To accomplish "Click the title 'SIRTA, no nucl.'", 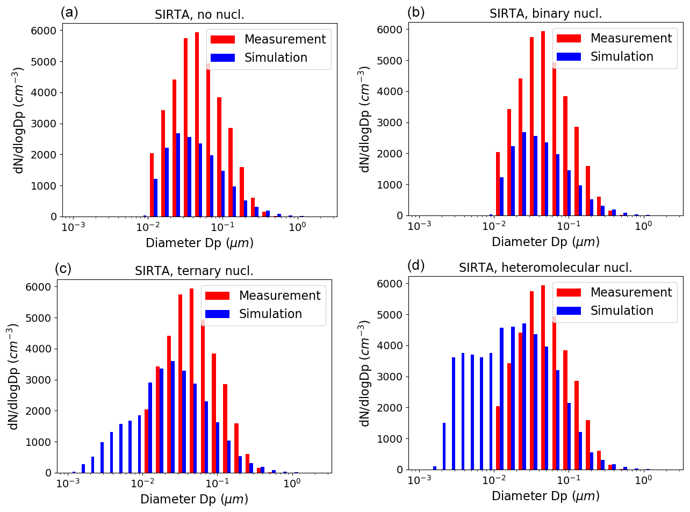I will click(199, 15).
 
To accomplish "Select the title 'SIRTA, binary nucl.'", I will click(545, 13).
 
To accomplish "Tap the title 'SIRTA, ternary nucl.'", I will click(194, 271).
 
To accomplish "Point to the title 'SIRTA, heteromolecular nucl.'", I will click(545, 268).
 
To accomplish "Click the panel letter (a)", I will click(69, 12).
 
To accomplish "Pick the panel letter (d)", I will click(416, 265).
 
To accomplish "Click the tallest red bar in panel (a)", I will click(197, 125).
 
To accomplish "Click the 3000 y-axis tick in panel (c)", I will click(41, 380).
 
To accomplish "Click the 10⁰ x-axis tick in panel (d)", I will click(643, 480).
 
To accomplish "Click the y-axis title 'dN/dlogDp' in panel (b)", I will click(365, 119).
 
